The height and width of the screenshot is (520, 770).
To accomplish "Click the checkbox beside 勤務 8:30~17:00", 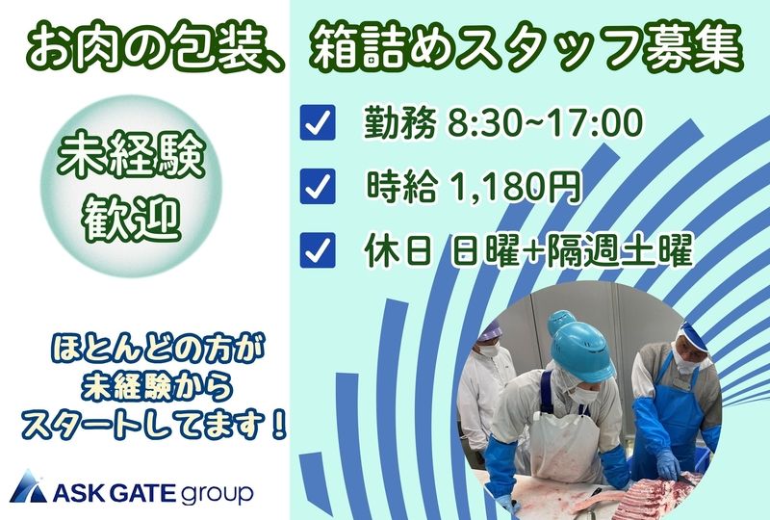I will [x=318, y=125].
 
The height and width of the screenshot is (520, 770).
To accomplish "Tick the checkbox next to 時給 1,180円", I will [x=318, y=186].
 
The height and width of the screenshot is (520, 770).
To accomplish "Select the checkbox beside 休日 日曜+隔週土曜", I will [x=318, y=249].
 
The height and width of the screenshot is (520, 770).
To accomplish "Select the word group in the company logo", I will [x=217, y=492].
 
